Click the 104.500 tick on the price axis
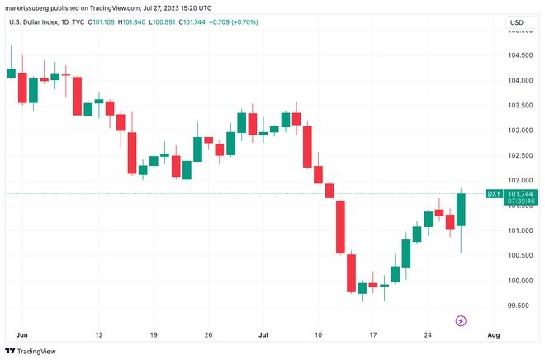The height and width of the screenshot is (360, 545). [519, 55]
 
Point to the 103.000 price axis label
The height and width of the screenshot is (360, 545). [519, 130]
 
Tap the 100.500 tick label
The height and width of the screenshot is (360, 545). [519, 255]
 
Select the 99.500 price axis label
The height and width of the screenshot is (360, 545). [518, 306]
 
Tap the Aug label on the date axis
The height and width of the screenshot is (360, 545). [494, 334]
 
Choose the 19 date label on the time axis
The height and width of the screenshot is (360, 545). [153, 334]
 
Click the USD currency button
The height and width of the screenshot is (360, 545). [517, 22]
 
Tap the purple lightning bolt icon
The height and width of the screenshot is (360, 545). [461, 320]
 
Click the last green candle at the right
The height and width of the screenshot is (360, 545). [461, 210]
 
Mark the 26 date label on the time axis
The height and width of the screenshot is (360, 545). [208, 334]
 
